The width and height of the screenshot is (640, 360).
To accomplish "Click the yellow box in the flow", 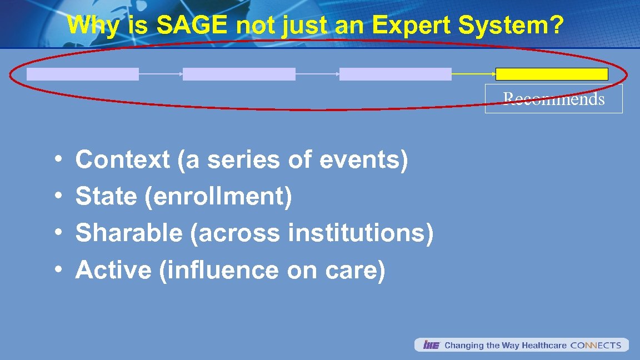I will [552, 74].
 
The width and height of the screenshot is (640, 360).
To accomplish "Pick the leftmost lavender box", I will [83, 74].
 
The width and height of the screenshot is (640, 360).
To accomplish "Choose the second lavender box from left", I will [239, 74].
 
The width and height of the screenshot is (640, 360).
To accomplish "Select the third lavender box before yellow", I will [396, 74].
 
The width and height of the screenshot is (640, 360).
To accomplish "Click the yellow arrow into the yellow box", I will [473, 73].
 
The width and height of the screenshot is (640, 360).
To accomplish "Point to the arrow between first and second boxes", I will [161, 73].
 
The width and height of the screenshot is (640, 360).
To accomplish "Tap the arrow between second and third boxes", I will [317, 73].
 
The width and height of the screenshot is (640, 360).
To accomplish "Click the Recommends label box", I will [553, 99].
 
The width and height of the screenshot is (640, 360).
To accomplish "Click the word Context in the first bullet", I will [123, 160].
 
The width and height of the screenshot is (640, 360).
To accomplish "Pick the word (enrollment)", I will [218, 197].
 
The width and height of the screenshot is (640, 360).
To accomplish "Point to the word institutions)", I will [361, 233].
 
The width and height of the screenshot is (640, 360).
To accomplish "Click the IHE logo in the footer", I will [431, 346].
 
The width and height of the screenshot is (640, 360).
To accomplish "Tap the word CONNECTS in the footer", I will [596, 346].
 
